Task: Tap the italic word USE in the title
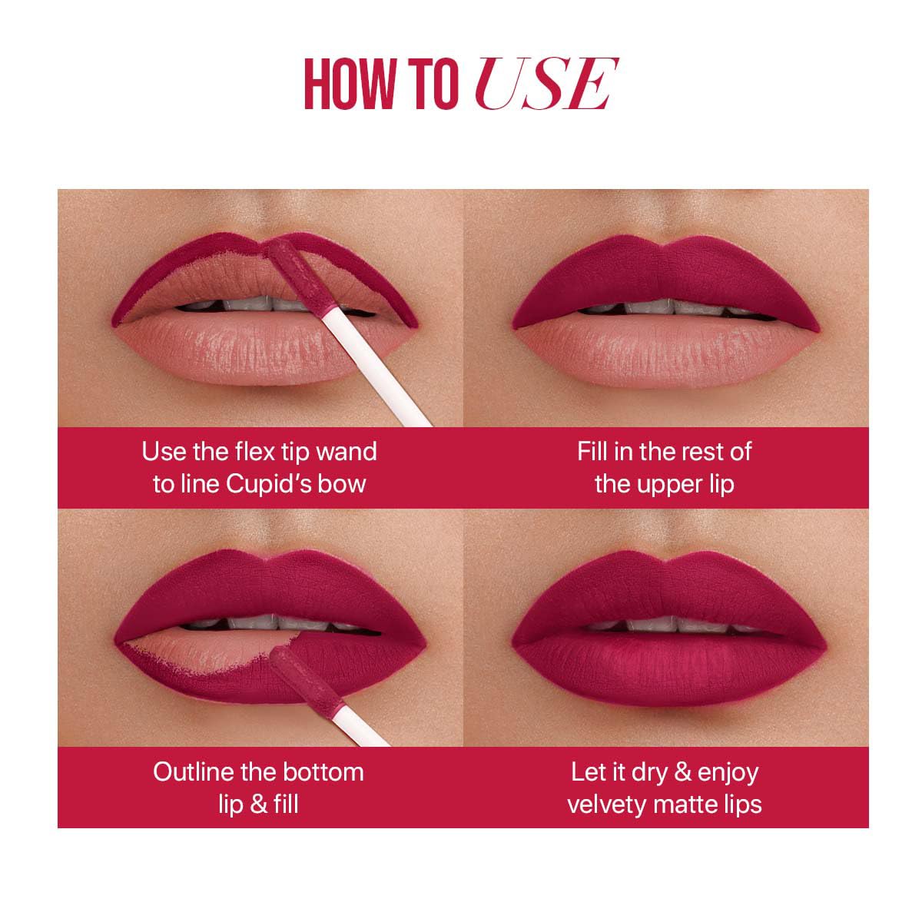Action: click(546, 84)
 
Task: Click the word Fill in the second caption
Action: click(592, 451)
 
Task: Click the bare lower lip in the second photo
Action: click(665, 352)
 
